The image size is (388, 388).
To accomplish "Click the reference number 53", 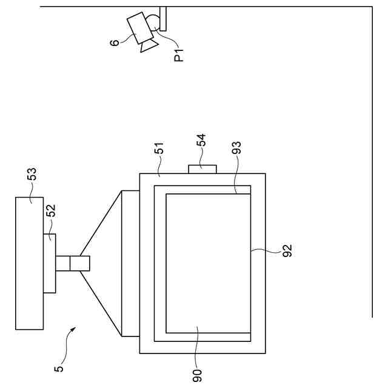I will tap(32, 175).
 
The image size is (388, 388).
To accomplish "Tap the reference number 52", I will tap(52, 210).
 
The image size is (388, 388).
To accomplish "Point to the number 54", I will tap(202, 141).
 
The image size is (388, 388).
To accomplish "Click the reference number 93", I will tap(237, 149).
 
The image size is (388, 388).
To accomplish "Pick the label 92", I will tap(287, 250).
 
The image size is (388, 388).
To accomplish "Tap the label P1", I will tap(179, 55).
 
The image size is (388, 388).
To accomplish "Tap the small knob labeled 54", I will tap(202, 169).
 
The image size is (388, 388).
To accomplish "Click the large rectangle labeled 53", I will tap(29, 263).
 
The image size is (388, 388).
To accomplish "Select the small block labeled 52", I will tap(49, 263).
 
